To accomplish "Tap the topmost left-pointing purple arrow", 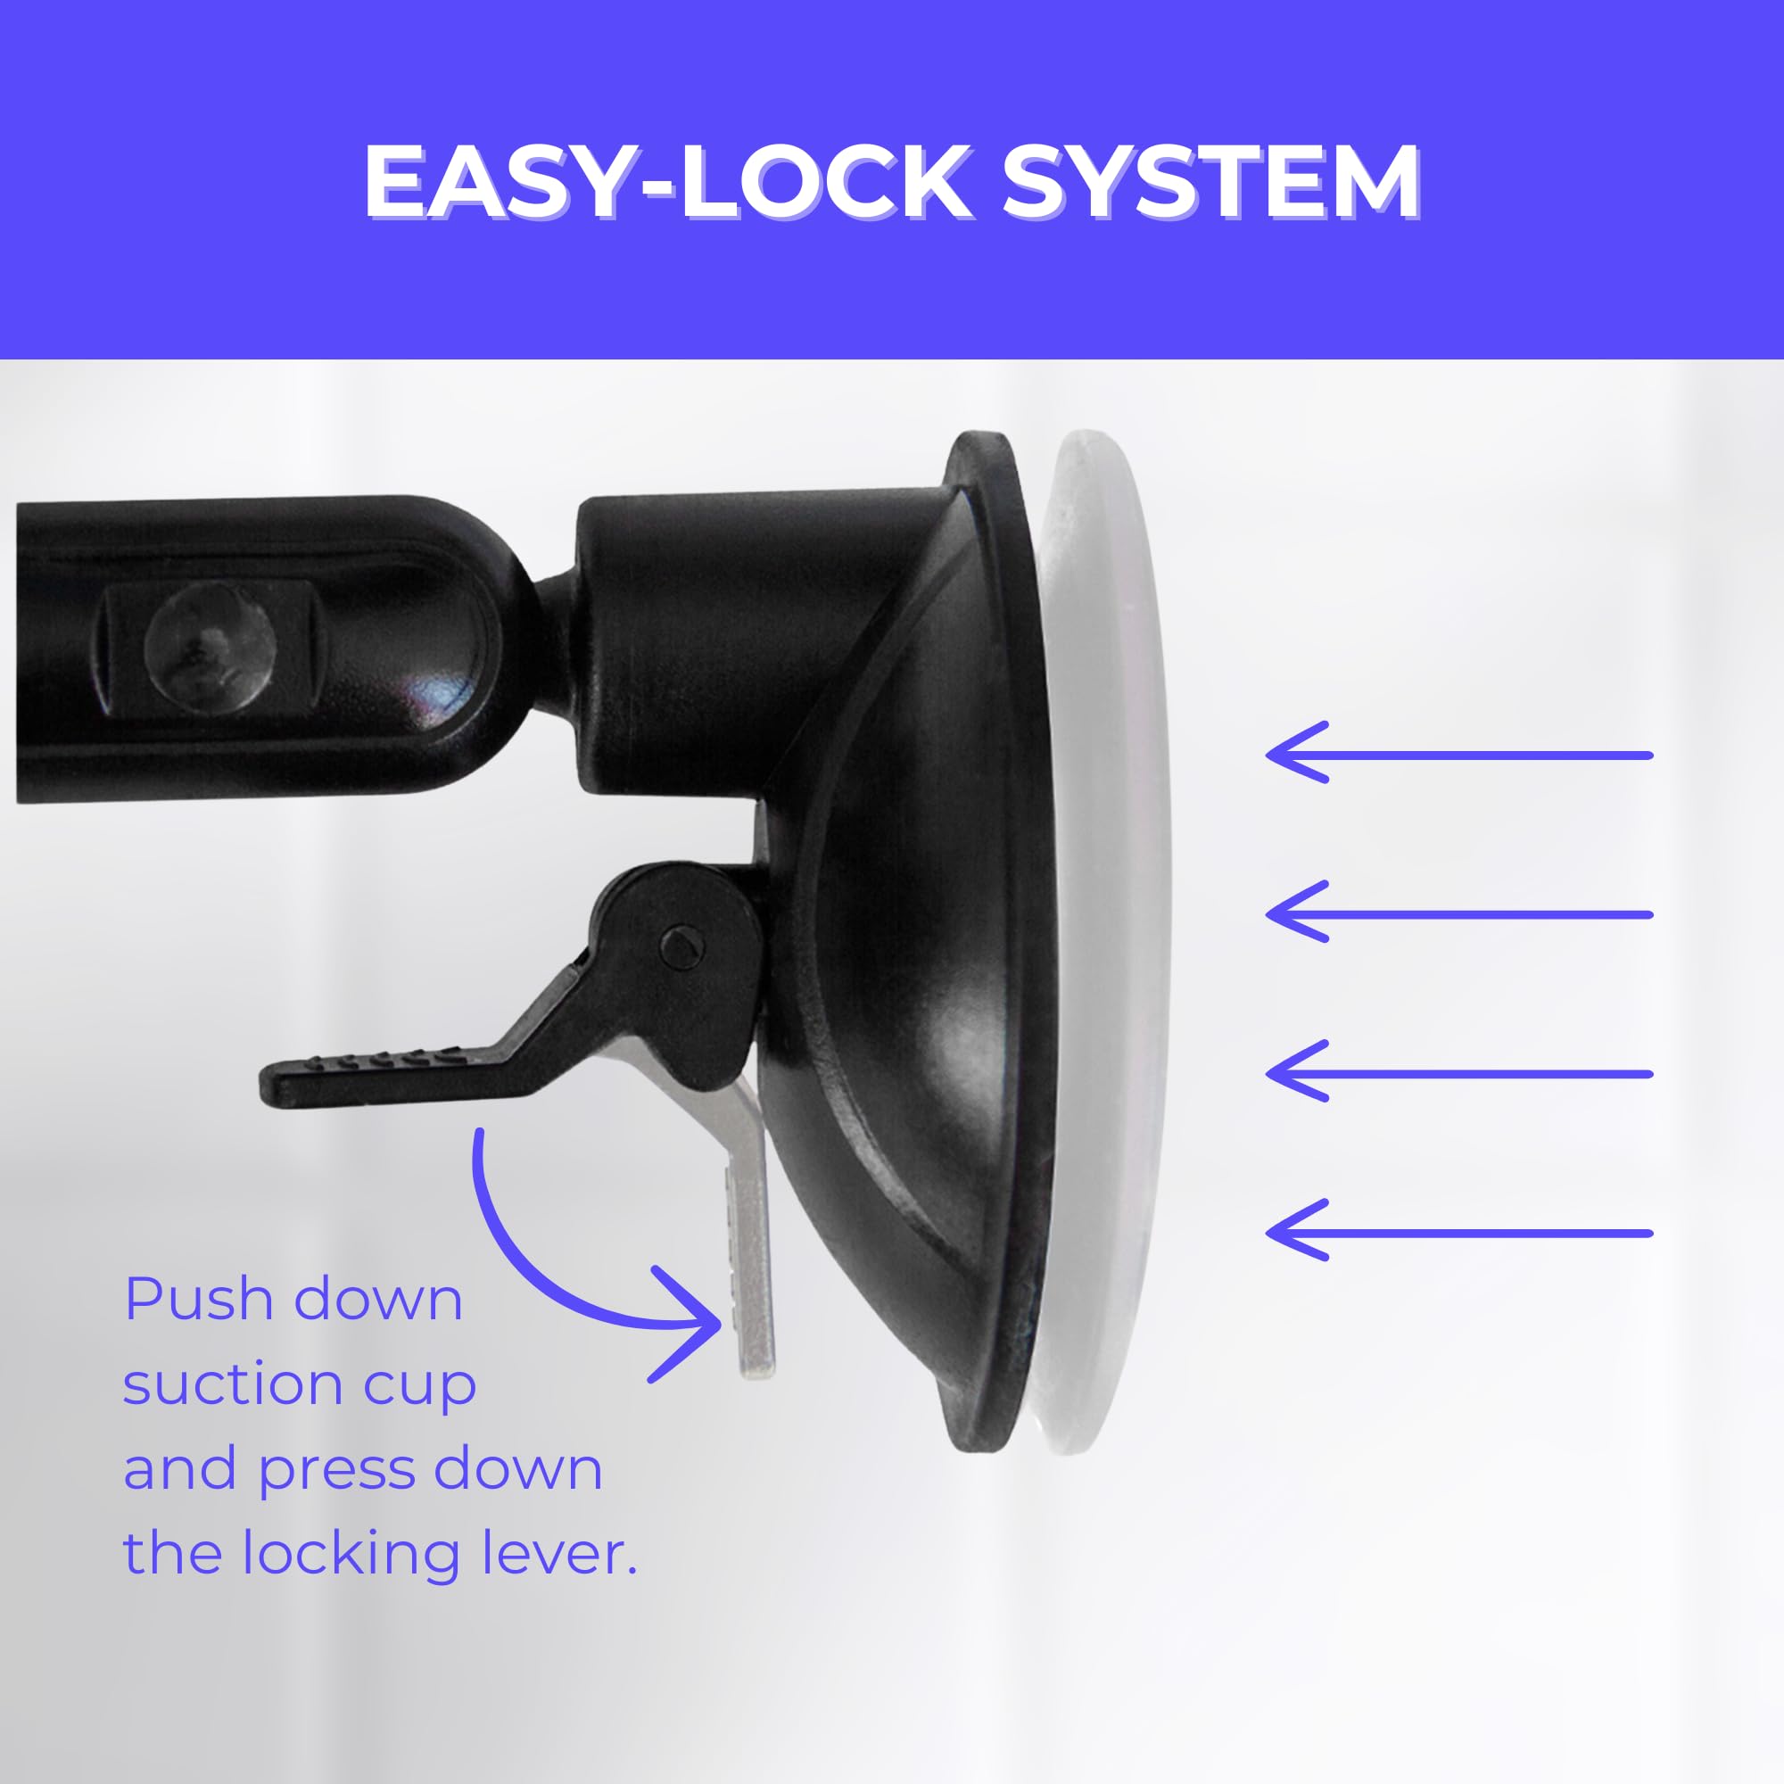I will [x=1458, y=755].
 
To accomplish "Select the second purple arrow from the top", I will [x=1458, y=914].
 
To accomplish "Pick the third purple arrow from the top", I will [x=1458, y=1073].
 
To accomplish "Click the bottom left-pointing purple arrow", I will [x=1458, y=1233].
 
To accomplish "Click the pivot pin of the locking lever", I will [x=682, y=943].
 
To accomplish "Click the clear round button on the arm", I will [x=210, y=646].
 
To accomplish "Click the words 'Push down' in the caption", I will [x=293, y=1301].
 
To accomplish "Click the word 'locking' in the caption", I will [x=351, y=1556].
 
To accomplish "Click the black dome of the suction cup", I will [x=904, y=970].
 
